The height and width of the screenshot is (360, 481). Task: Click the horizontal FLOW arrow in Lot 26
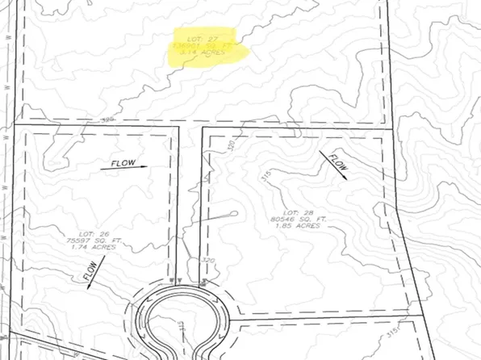[124, 165]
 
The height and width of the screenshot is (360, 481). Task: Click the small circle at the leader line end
[235, 214]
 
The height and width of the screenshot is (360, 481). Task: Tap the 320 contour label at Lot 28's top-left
[233, 148]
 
